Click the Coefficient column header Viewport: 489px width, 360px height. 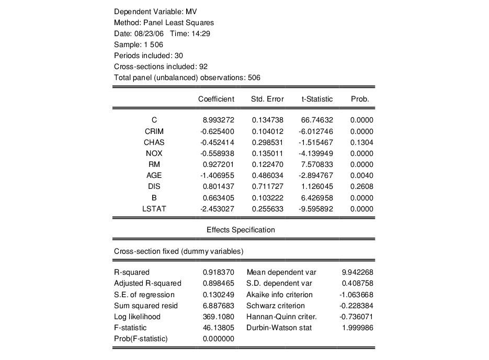[216, 99]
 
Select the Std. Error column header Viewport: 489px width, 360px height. [267, 99]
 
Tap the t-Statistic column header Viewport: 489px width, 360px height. [317, 99]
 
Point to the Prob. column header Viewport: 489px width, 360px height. [360, 99]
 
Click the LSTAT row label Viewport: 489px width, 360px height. [154, 209]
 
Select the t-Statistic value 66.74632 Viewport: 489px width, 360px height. [316, 120]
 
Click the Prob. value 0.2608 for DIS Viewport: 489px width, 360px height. [361, 187]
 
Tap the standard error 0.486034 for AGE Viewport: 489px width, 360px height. [268, 176]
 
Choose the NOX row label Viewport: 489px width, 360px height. [154, 153]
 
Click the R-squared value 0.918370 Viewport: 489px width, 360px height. [218, 273]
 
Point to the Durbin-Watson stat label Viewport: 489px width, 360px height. [279, 328]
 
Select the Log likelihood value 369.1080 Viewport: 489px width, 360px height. [218, 317]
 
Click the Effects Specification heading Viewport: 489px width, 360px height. [241, 230]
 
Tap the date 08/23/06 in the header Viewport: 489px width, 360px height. [151, 33]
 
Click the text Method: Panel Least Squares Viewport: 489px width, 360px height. [164, 22]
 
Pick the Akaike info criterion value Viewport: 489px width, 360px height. [356, 295]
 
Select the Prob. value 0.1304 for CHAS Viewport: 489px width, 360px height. [361, 142]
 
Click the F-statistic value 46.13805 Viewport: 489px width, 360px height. [218, 328]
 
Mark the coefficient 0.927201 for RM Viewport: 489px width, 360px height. [218, 165]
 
